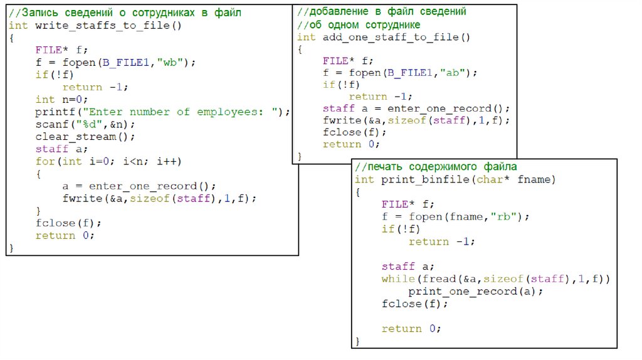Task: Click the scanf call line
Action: coord(85,124)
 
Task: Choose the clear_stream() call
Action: coord(85,137)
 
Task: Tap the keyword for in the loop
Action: coord(45,161)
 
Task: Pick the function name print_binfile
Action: coord(421,180)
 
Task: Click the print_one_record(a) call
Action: coord(476,292)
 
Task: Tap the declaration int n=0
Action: coord(62,100)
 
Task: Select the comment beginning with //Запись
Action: coord(125,13)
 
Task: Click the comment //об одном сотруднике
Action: coord(359,24)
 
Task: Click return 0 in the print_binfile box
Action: coord(411,329)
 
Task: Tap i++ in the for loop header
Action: coord(169,161)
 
